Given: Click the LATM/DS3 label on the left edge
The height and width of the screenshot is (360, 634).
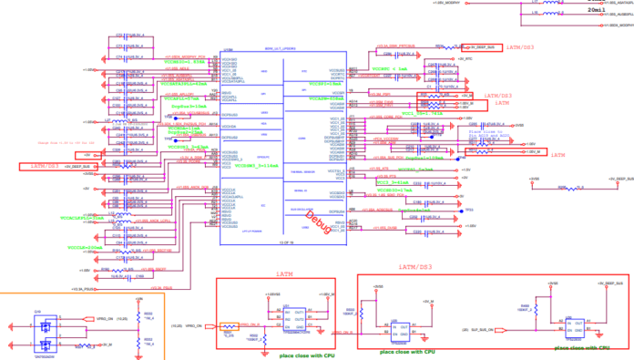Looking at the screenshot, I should click(x=45, y=166).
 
